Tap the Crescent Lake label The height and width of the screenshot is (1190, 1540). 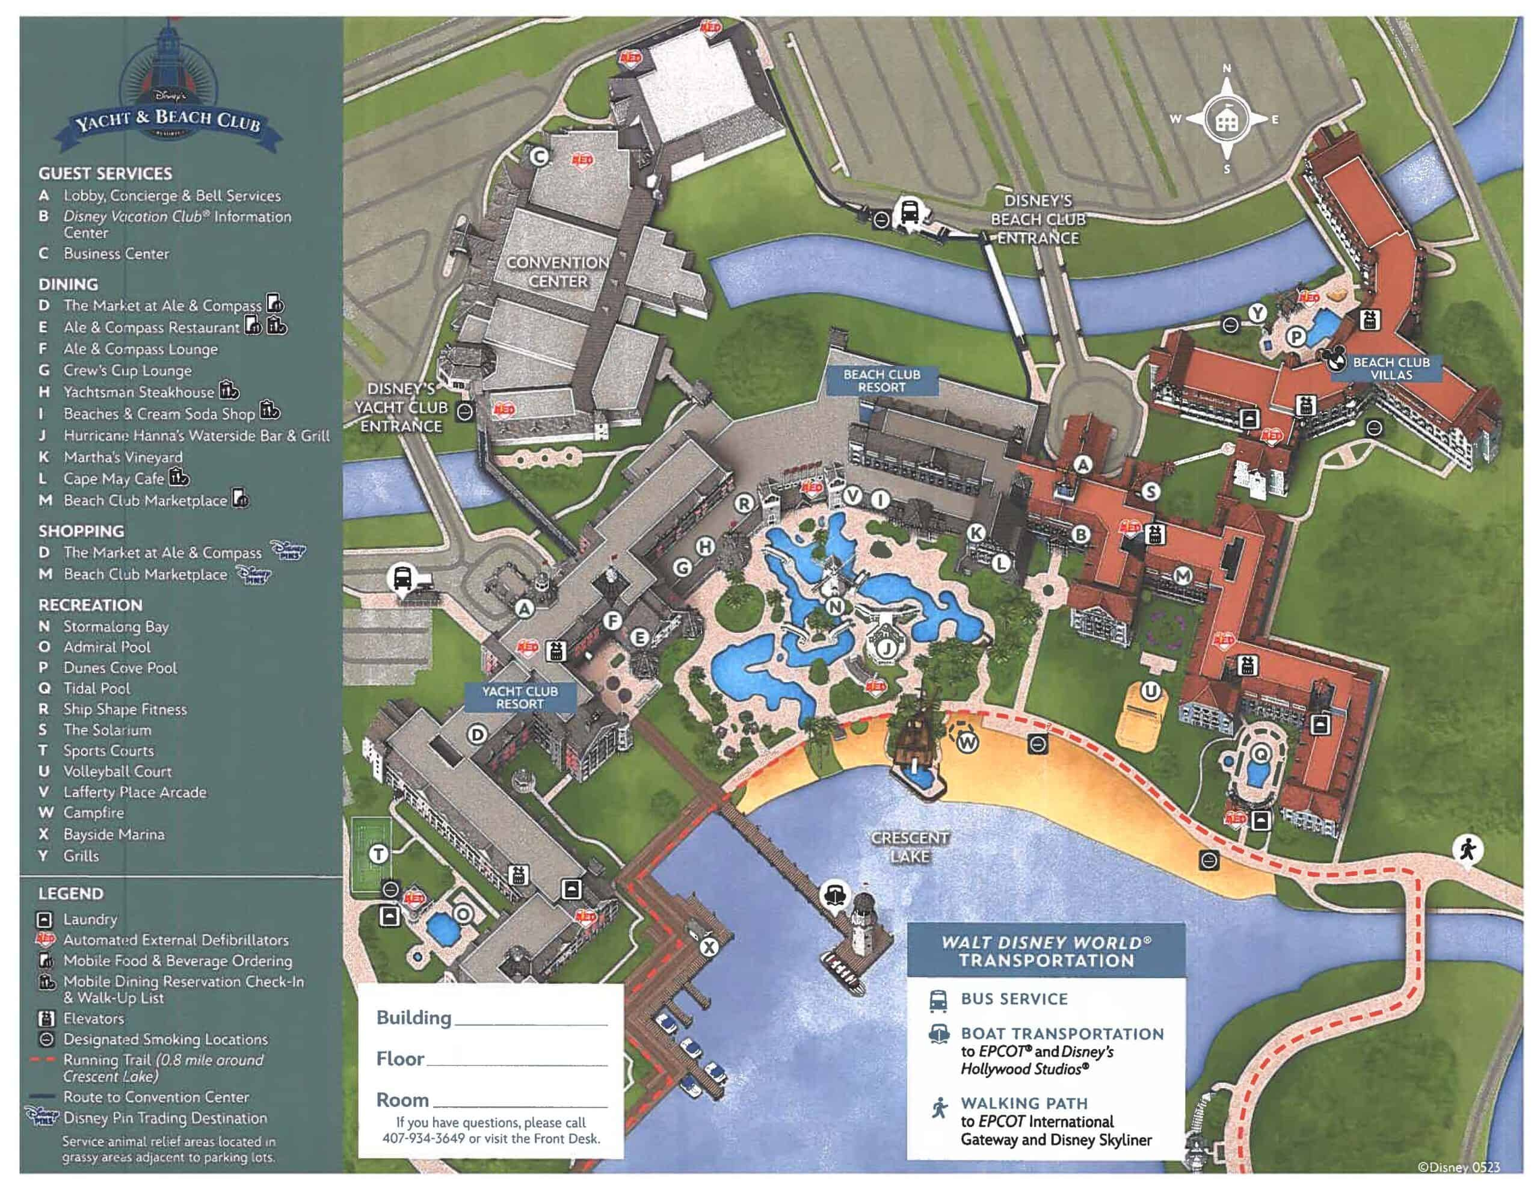910,846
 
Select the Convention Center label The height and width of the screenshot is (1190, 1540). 557,271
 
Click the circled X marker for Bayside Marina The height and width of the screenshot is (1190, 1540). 709,948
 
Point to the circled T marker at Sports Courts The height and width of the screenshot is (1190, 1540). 380,854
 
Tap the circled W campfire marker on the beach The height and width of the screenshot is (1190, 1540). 967,741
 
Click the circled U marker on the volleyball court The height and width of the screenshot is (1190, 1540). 1150,691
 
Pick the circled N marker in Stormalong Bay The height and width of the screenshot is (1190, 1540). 835,606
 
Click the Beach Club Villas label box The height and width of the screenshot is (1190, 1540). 1391,368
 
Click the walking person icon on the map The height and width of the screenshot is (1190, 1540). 1468,849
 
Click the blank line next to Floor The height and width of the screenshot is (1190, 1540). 517,1062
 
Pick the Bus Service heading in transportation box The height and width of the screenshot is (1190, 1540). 1014,999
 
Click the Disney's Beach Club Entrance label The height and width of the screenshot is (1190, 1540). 1037,220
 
